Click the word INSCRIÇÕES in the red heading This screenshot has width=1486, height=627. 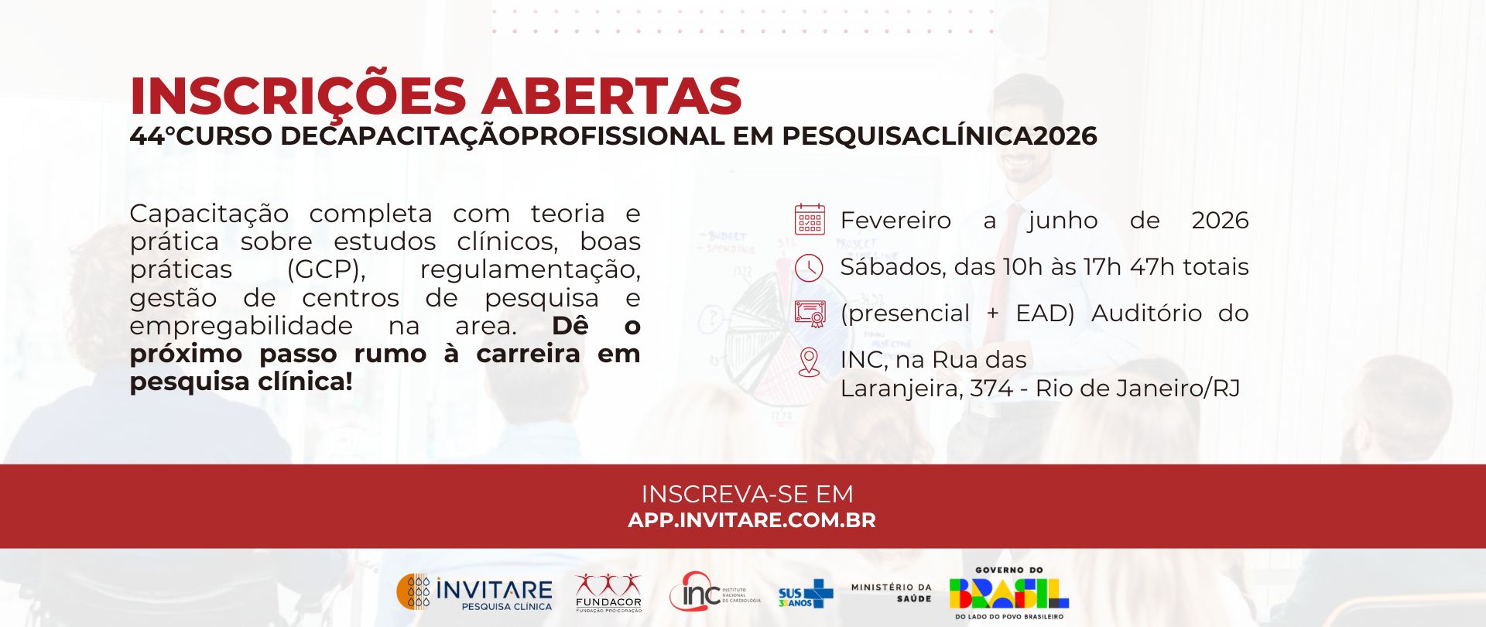coord(298,95)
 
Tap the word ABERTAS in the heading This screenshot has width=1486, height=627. coord(611,96)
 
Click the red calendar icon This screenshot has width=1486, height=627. coord(810,219)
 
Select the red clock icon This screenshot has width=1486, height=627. coord(809,268)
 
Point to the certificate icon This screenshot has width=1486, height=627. coord(810,313)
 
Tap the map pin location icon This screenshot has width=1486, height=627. coord(809,362)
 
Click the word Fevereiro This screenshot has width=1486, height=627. coord(895,221)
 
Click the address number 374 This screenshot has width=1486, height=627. coord(991,388)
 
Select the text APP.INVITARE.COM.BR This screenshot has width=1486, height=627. coord(752,520)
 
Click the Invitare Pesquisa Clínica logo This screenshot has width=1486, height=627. coord(474,592)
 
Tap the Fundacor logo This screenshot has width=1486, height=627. coord(608,593)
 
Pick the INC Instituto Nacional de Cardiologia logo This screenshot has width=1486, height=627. coord(714,592)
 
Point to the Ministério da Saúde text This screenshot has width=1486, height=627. coord(891,593)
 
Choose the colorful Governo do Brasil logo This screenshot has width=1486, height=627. coord(1008,593)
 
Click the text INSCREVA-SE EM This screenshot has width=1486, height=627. coord(748,494)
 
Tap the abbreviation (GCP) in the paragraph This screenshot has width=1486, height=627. coord(326,270)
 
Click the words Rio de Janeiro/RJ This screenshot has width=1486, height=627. coord(1138,388)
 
